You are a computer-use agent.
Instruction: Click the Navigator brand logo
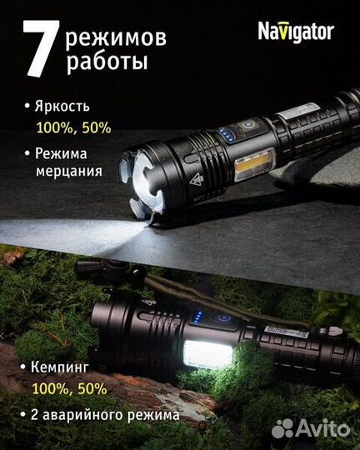click(295, 32)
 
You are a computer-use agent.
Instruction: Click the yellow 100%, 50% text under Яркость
click(73, 127)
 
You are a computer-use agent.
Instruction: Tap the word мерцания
click(68, 172)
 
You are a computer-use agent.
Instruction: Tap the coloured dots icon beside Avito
click(284, 427)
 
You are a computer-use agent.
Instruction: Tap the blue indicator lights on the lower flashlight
click(196, 317)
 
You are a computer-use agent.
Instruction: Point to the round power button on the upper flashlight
click(247, 126)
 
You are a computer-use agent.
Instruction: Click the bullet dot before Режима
click(27, 153)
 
